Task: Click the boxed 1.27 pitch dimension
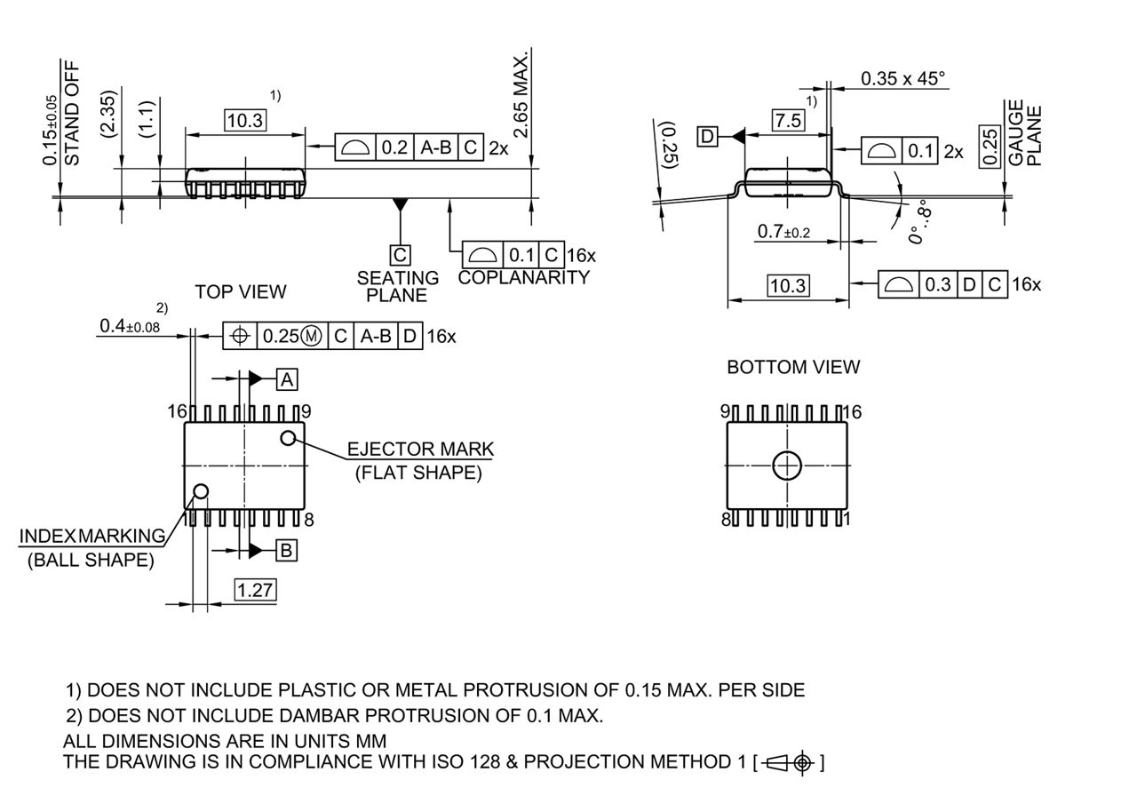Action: (255, 589)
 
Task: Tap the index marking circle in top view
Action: (202, 491)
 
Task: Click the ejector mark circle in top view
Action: (288, 438)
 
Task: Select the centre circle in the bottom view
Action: (787, 466)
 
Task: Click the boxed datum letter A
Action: (287, 379)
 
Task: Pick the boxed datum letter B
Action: (286, 551)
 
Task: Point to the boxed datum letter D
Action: (708, 136)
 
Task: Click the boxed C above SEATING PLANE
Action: (401, 255)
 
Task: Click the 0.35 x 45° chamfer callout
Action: (902, 78)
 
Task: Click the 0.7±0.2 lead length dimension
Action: (783, 232)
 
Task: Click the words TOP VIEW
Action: (241, 291)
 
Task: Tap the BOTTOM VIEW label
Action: (793, 367)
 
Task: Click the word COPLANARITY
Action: (524, 277)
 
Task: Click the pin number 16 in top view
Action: (177, 411)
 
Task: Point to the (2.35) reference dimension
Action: (109, 113)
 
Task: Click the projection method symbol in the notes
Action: (788, 762)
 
